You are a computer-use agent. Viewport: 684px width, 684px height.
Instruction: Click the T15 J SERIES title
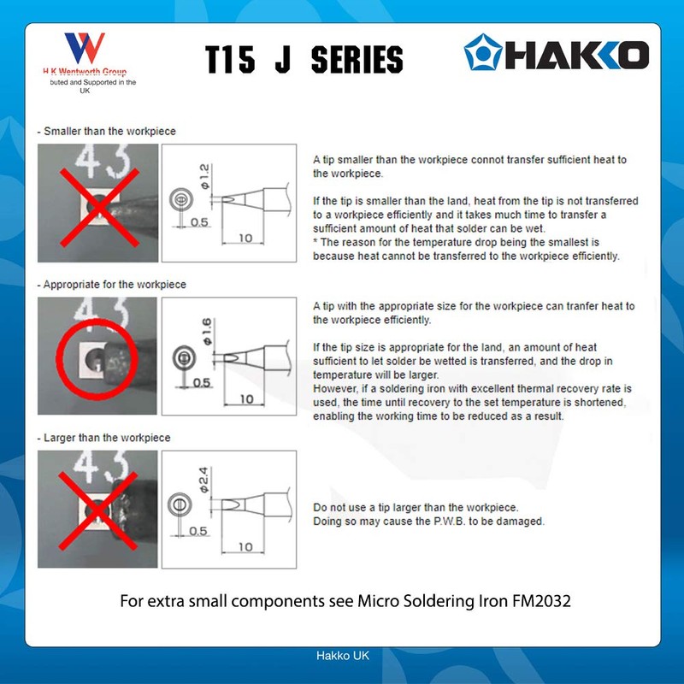tap(304, 59)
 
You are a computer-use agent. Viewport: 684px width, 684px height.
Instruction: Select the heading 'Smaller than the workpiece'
tap(108, 132)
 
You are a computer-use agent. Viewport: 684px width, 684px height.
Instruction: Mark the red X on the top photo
tap(97, 203)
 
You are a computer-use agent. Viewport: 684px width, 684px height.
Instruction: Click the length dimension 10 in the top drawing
tap(245, 239)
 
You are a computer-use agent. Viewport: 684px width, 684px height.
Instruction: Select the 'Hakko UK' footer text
tap(342, 655)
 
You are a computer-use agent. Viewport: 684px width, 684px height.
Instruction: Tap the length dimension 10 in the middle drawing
tap(245, 398)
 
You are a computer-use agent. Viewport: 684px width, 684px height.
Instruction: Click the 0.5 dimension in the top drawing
tap(199, 222)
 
